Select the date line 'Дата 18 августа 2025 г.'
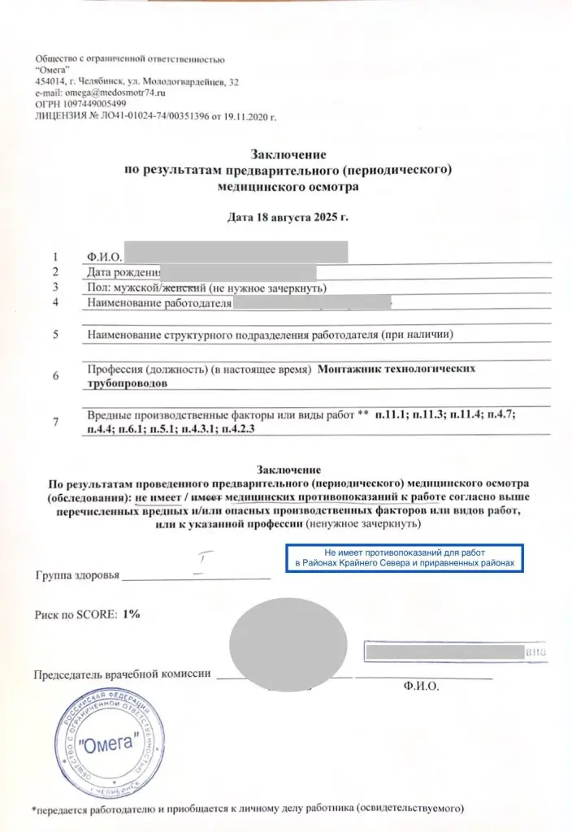(286, 217)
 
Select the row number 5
(55, 334)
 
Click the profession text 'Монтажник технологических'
(397, 369)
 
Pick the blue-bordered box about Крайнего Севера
(405, 557)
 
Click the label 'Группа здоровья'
(77, 575)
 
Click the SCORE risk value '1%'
(131, 614)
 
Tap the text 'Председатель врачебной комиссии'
(123, 674)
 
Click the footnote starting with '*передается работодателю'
(247, 809)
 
